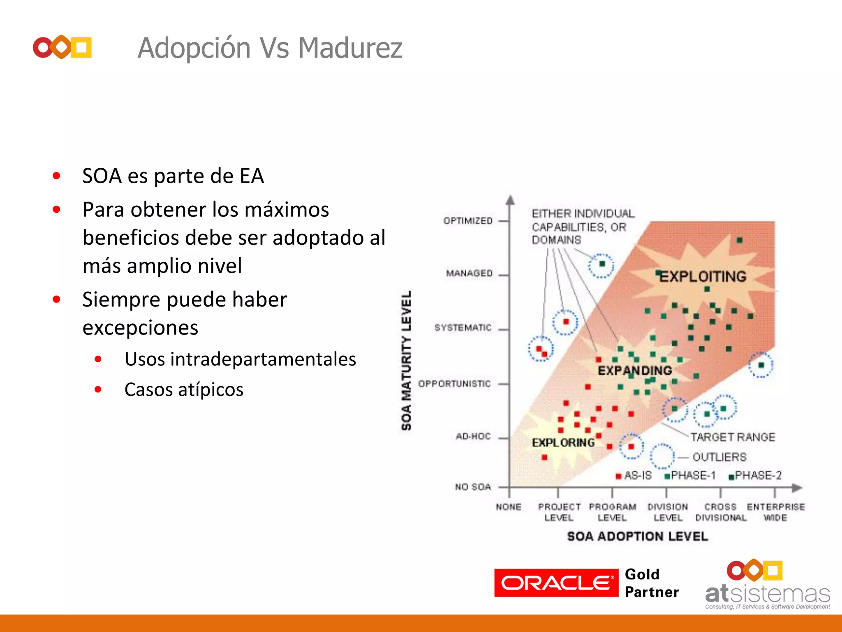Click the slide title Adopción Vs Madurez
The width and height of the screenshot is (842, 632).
tap(270, 48)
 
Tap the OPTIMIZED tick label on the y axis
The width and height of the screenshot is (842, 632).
tap(468, 221)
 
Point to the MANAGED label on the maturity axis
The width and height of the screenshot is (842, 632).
tap(469, 273)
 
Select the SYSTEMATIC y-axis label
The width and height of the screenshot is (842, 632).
tap(463, 328)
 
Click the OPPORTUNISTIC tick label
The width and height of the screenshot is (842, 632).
tap(454, 383)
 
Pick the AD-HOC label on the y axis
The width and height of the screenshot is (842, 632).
tap(473, 436)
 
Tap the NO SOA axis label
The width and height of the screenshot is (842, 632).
tap(473, 487)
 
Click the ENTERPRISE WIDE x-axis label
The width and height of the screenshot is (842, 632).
tap(775, 512)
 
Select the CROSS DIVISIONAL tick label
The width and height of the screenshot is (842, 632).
tap(721, 512)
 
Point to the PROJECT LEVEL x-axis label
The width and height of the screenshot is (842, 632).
tap(559, 512)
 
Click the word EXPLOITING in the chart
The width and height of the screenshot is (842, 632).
tap(703, 276)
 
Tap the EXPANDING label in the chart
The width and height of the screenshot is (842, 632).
tap(634, 371)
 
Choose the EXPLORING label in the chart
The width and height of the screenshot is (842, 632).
tap(563, 443)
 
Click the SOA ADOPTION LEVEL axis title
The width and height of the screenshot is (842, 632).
tap(637, 536)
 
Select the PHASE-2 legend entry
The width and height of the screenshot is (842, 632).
tap(758, 476)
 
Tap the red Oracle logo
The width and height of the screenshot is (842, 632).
tap(556, 583)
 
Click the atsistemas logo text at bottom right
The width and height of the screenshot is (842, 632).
tap(767, 594)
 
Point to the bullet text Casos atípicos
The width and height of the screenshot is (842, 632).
tap(184, 390)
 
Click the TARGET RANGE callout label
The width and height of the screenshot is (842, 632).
tap(732, 437)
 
